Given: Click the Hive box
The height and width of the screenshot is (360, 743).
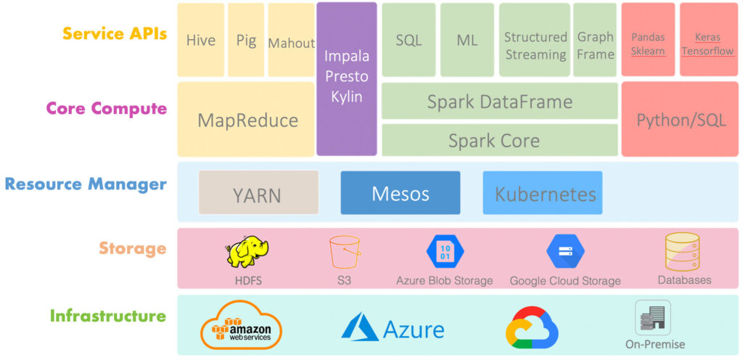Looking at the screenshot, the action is click(201, 40).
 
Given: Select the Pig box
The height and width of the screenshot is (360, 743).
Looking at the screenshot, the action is click(246, 40).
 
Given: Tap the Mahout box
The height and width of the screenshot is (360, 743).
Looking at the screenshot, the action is click(292, 40).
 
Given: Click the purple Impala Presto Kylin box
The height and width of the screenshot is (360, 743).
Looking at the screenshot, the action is click(347, 79).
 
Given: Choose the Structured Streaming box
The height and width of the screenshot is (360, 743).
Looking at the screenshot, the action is click(535, 40).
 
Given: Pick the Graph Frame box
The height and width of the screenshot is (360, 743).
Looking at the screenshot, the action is click(595, 40).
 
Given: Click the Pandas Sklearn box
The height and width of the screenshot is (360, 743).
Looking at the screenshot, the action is click(648, 40).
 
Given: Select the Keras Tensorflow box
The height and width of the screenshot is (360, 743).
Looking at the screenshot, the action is click(707, 40).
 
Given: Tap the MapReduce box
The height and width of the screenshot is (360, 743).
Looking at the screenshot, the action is click(247, 119).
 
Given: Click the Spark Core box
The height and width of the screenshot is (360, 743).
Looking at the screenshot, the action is click(500, 140).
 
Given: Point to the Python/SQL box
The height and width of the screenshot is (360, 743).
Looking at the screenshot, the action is click(680, 119).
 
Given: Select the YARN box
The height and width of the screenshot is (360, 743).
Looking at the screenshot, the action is click(259, 192).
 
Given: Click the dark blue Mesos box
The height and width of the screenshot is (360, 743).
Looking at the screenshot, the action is click(401, 192).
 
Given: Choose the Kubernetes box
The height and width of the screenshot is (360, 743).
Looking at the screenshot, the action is click(543, 192).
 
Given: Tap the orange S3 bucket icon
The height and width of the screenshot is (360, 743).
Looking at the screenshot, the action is click(345, 253).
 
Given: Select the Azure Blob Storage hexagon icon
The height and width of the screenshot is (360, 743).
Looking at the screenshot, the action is click(446, 252).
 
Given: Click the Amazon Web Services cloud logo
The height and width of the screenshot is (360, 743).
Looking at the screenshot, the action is click(242, 326).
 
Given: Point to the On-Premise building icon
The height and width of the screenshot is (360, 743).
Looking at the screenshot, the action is click(653, 317).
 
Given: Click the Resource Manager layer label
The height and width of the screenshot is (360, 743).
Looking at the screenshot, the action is click(86, 184).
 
